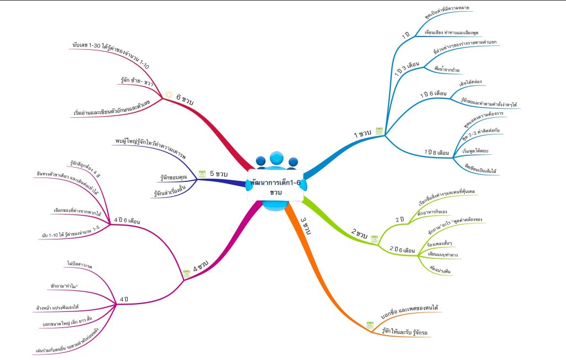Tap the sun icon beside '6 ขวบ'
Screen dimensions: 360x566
(x=169, y=95)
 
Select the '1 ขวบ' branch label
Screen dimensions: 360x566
(x=363, y=134)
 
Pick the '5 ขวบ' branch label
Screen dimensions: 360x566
(x=219, y=174)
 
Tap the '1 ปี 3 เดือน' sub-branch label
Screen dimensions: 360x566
(x=407, y=69)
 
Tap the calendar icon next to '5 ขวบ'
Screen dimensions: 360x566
(x=201, y=173)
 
